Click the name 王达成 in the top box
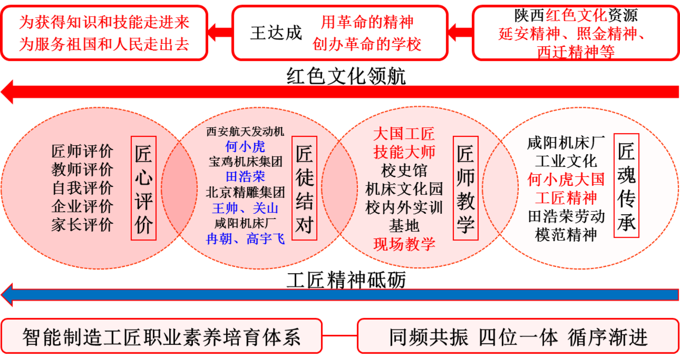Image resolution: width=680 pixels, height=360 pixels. click(276, 33)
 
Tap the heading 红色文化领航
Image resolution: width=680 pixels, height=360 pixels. click(346, 76)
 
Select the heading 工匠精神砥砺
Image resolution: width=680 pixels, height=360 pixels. click(346, 280)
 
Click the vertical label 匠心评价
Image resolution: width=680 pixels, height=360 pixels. click(143, 188)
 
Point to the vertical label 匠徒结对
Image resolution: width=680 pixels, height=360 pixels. click(304, 188)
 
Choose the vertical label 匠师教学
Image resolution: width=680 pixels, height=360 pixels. click(465, 188)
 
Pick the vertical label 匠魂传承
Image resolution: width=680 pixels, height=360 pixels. click(626, 185)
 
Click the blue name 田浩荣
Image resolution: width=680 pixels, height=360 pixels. click(245, 176)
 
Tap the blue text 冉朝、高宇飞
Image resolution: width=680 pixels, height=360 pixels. click(245, 239)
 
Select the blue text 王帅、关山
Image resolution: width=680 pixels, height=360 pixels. click(245, 208)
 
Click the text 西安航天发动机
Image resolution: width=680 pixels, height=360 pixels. click(245, 131)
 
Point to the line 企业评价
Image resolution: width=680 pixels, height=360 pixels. click(82, 206)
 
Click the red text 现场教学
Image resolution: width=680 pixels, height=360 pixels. click(404, 244)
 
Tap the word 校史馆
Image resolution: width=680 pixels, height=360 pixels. click(404, 171)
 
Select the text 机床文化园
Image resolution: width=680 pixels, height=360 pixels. click(404, 189)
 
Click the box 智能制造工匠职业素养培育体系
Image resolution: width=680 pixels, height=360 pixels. click(161, 336)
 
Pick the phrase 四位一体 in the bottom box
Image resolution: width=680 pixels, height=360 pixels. click(518, 337)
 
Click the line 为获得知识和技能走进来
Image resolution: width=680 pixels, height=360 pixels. click(104, 22)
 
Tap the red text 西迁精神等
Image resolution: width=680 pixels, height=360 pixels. click(576, 52)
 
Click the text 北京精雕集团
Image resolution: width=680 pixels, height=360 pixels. click(245, 192)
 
